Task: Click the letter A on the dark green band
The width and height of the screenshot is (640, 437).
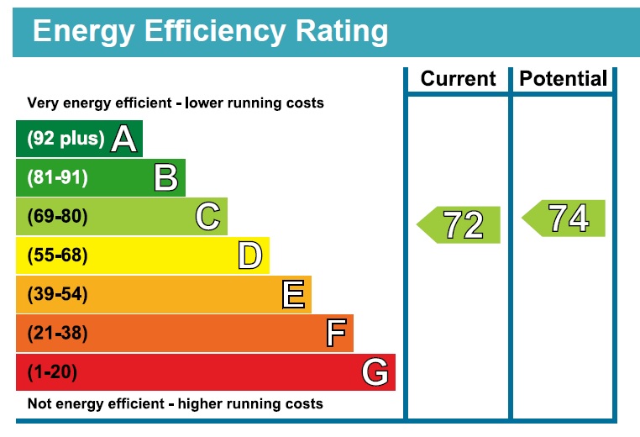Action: click(123, 139)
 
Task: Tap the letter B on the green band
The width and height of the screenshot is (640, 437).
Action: click(166, 177)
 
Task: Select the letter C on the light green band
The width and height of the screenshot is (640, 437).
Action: click(208, 217)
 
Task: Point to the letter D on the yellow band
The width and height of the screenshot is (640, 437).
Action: click(250, 255)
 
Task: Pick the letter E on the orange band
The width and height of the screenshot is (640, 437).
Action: click(293, 294)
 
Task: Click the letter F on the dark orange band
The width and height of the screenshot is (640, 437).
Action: click(336, 333)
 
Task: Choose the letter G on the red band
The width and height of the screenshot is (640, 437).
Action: click(375, 371)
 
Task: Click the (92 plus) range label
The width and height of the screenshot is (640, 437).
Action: click(66, 139)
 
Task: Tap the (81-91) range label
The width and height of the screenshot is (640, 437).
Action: click(58, 177)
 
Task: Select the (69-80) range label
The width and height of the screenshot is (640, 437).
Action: click(58, 217)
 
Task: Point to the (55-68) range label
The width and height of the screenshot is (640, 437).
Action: click(58, 255)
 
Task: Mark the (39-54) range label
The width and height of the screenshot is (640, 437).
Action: click(58, 294)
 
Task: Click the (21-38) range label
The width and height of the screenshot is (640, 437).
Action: click(58, 333)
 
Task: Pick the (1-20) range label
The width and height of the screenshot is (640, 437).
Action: click(52, 372)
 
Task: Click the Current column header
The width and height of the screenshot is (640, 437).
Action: click(458, 78)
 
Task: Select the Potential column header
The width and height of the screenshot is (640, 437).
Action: click(564, 78)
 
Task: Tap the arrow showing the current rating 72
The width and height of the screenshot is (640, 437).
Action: click(459, 225)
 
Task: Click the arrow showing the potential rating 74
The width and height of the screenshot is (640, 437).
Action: click(564, 218)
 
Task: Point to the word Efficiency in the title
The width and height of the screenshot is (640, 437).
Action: click(215, 31)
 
